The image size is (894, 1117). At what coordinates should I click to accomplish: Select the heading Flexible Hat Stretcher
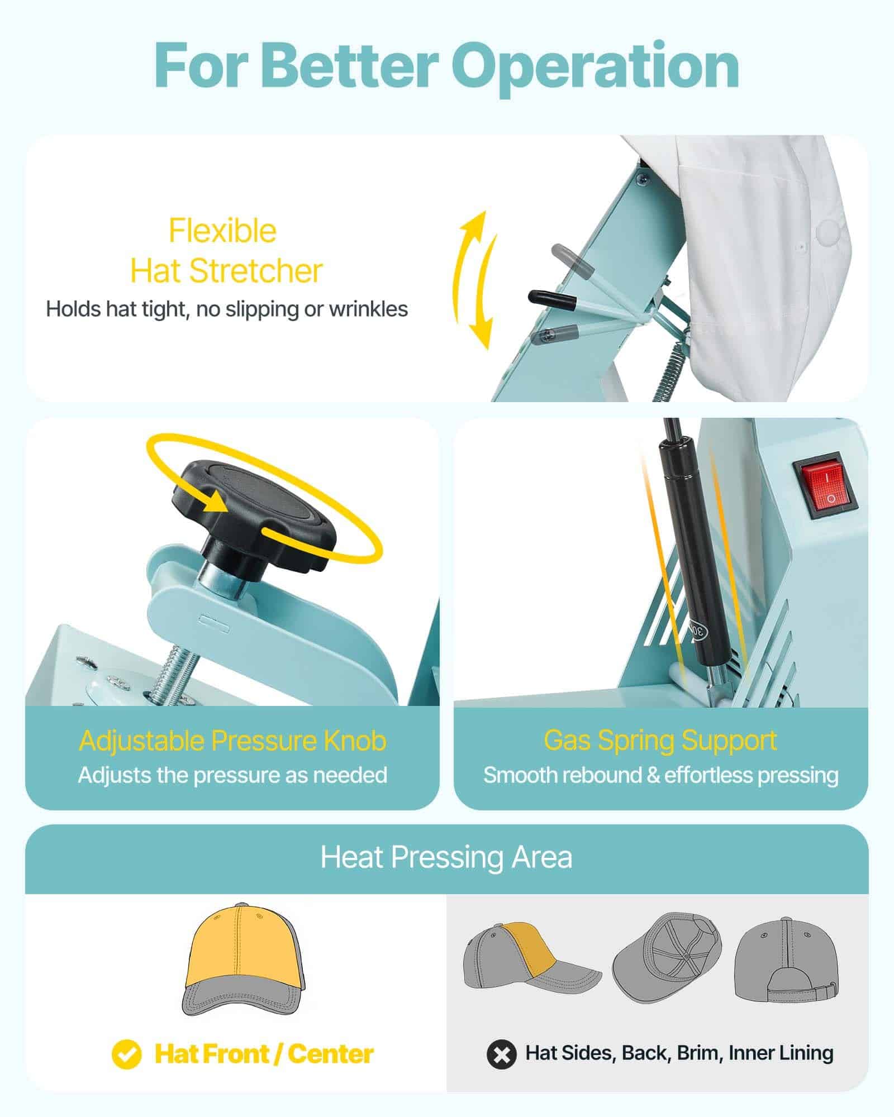(x=223, y=251)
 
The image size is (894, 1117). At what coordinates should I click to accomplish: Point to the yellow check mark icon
(x=126, y=1053)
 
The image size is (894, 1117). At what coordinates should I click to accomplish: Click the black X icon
(x=501, y=1054)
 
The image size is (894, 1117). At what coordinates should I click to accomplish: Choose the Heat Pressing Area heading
(x=446, y=857)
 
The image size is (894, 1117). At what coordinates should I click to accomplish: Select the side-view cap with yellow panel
(x=528, y=960)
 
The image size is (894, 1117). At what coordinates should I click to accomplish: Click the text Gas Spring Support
(x=660, y=740)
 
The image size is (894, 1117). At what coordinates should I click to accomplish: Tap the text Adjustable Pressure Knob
(x=232, y=741)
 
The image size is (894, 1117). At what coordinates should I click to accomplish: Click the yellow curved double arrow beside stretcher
(x=475, y=279)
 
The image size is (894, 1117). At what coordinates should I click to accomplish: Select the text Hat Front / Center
(x=264, y=1054)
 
